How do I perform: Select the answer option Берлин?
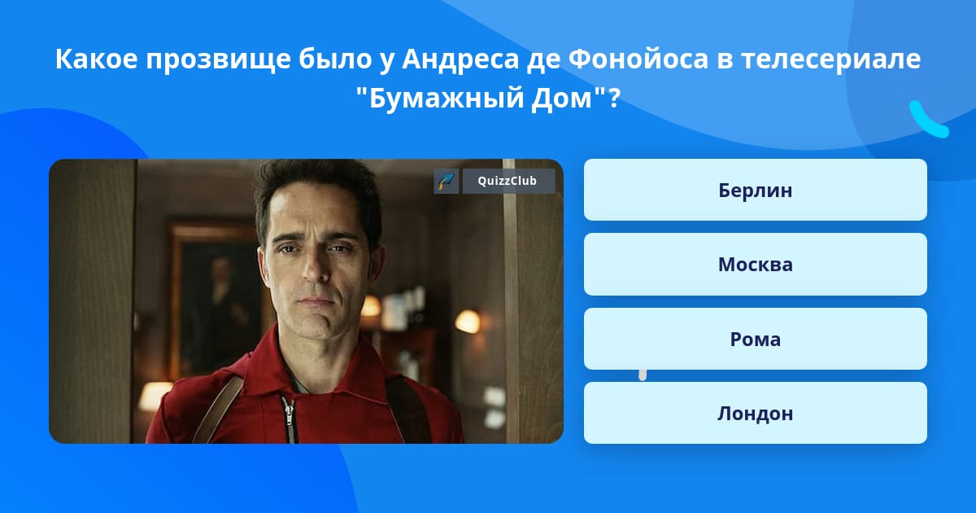point(755,190)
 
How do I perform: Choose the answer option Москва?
point(755,264)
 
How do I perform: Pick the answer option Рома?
point(755,339)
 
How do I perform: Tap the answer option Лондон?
point(755,413)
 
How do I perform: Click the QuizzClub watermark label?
point(508,182)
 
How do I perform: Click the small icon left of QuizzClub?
point(446,182)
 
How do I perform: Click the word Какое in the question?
point(96,60)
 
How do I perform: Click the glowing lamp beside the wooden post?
point(468,321)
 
